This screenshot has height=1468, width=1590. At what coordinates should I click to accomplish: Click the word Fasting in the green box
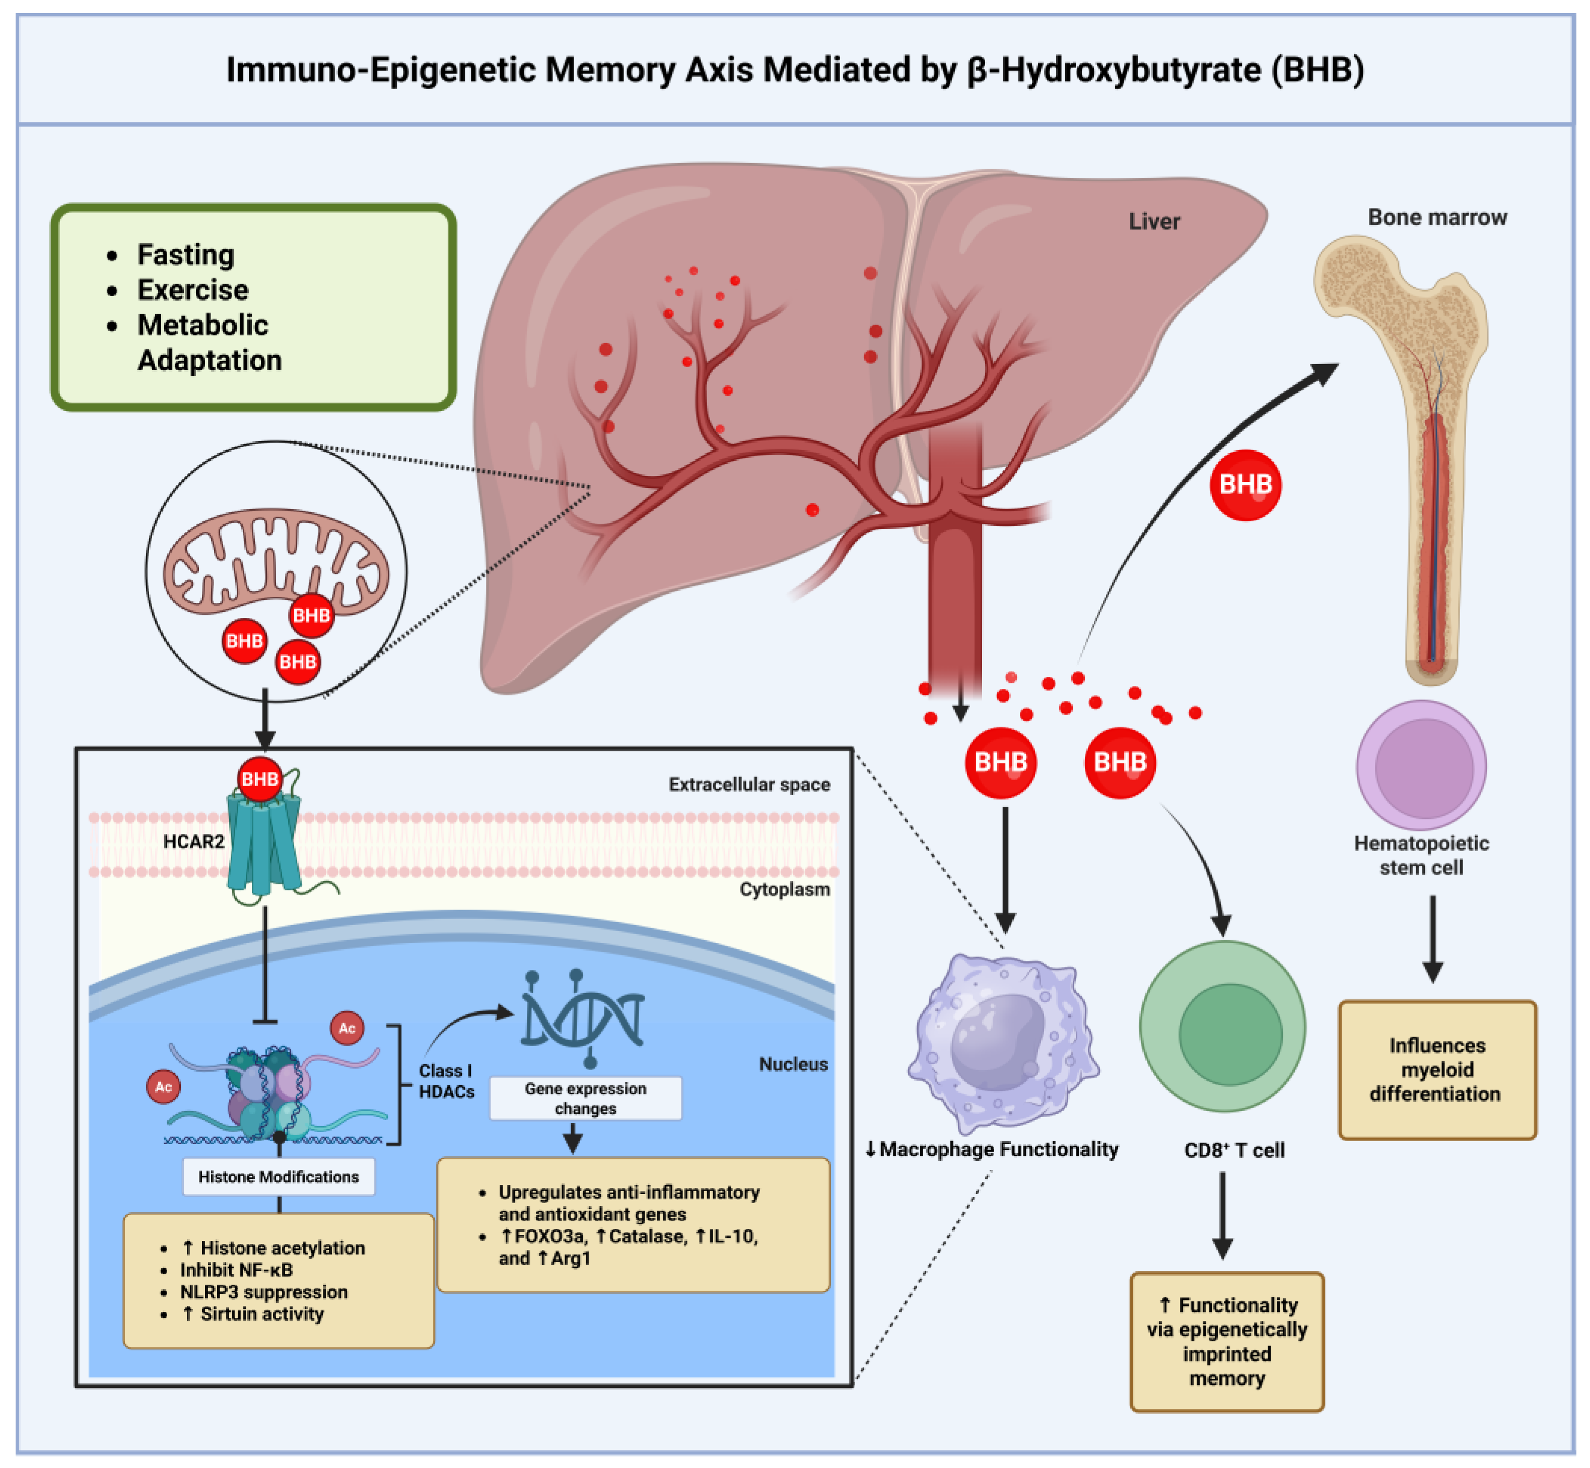[x=186, y=255]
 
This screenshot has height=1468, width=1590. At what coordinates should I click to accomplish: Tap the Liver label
[x=1154, y=222]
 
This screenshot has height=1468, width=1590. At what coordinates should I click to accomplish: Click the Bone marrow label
[x=1437, y=218]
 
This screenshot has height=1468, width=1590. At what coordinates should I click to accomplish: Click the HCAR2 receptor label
[x=194, y=841]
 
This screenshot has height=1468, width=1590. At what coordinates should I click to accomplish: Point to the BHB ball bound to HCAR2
[x=260, y=779]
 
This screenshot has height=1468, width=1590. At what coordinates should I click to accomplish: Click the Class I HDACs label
[x=447, y=1081]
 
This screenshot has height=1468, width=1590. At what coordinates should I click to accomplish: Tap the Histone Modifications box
[x=279, y=1176]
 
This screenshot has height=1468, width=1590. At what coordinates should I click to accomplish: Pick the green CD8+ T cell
[x=1223, y=1025]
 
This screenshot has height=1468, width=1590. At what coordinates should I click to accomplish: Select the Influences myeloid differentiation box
[x=1437, y=1070]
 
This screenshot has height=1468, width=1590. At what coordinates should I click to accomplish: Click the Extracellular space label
[x=749, y=785]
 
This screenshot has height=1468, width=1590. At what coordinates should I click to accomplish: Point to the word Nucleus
[x=793, y=1065]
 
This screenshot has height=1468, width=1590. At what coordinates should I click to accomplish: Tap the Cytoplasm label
[x=784, y=890]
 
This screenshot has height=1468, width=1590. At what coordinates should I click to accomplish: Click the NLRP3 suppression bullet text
[x=264, y=1292]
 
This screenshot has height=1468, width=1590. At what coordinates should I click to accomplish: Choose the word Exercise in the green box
[x=193, y=290]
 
